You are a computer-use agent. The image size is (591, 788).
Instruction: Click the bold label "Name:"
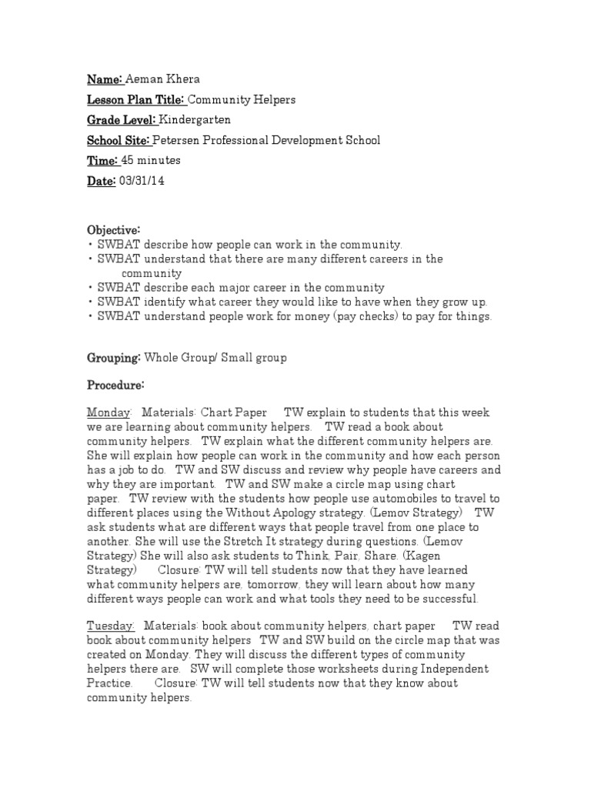[x=105, y=79]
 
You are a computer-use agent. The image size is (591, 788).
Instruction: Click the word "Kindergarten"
[x=195, y=120]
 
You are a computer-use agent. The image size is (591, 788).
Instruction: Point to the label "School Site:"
[x=119, y=141]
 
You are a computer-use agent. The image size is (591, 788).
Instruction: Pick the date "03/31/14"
[x=142, y=182]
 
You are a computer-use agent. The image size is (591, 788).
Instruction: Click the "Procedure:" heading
[x=115, y=385]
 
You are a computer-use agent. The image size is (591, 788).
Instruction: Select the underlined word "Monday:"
[x=109, y=412]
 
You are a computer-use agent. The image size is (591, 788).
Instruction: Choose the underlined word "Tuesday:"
[x=111, y=627]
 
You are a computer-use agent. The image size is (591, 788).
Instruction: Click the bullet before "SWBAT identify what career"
[x=91, y=302]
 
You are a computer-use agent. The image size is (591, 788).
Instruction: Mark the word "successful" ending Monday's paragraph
[x=446, y=598]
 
